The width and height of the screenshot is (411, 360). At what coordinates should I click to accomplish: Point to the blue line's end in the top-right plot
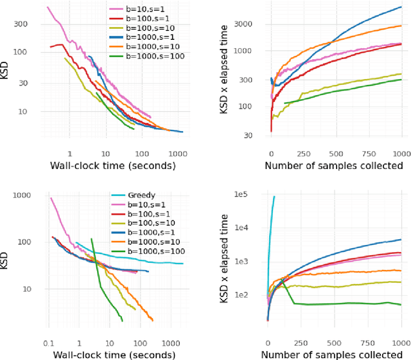401,7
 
